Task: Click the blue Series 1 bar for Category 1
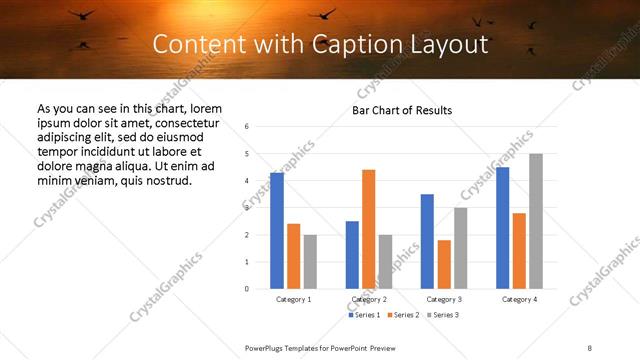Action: (x=277, y=231)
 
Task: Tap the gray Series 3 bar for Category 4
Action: (x=535, y=221)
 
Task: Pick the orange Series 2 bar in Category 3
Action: (x=444, y=264)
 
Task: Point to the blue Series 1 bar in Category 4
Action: (x=502, y=228)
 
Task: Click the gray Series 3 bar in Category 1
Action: (x=310, y=262)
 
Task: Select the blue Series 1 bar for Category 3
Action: (x=427, y=241)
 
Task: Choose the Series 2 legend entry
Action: (x=402, y=315)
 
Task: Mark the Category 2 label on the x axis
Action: (x=369, y=299)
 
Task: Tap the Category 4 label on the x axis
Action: (x=519, y=299)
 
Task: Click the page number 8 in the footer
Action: (x=589, y=348)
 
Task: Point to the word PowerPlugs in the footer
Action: (x=265, y=348)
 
